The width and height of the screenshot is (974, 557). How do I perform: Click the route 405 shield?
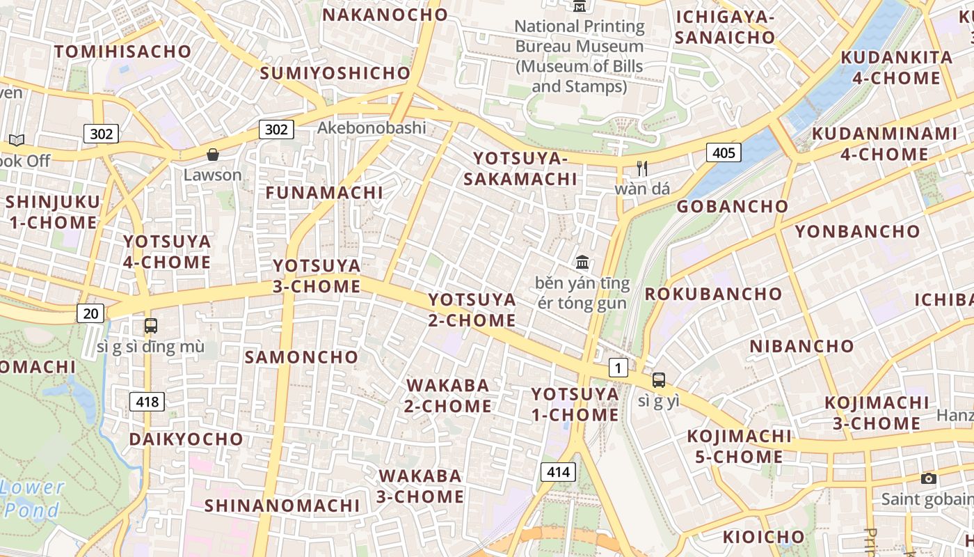(x=724, y=152)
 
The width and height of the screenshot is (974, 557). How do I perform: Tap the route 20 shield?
(x=90, y=313)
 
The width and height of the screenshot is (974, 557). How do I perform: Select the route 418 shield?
(x=147, y=401)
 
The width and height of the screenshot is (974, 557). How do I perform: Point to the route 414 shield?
(x=558, y=472)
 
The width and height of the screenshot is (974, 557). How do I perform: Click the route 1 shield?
(x=618, y=367)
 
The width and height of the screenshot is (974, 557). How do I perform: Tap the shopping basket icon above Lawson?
(x=213, y=155)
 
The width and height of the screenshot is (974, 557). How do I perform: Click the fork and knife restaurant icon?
(x=642, y=168)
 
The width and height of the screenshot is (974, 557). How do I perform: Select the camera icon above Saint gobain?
(x=928, y=478)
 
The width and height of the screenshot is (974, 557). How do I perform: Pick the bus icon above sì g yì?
(x=658, y=380)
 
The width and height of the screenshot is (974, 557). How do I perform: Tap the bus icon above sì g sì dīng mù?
(x=150, y=325)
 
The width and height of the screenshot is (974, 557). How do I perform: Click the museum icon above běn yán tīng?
(x=582, y=262)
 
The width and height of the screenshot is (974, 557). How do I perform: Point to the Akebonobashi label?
(x=372, y=127)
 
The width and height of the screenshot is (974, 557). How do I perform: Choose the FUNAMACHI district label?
(x=324, y=193)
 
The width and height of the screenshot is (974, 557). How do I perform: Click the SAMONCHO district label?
(x=301, y=357)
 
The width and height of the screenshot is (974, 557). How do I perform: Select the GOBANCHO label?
(x=733, y=206)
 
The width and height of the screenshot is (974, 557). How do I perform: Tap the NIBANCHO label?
(x=801, y=346)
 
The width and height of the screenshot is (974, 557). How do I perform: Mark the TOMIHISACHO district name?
(x=122, y=52)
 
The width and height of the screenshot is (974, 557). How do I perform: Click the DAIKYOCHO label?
(x=186, y=439)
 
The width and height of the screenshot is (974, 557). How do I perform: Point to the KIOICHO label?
(x=763, y=537)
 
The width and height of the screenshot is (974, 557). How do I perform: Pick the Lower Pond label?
(x=33, y=499)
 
